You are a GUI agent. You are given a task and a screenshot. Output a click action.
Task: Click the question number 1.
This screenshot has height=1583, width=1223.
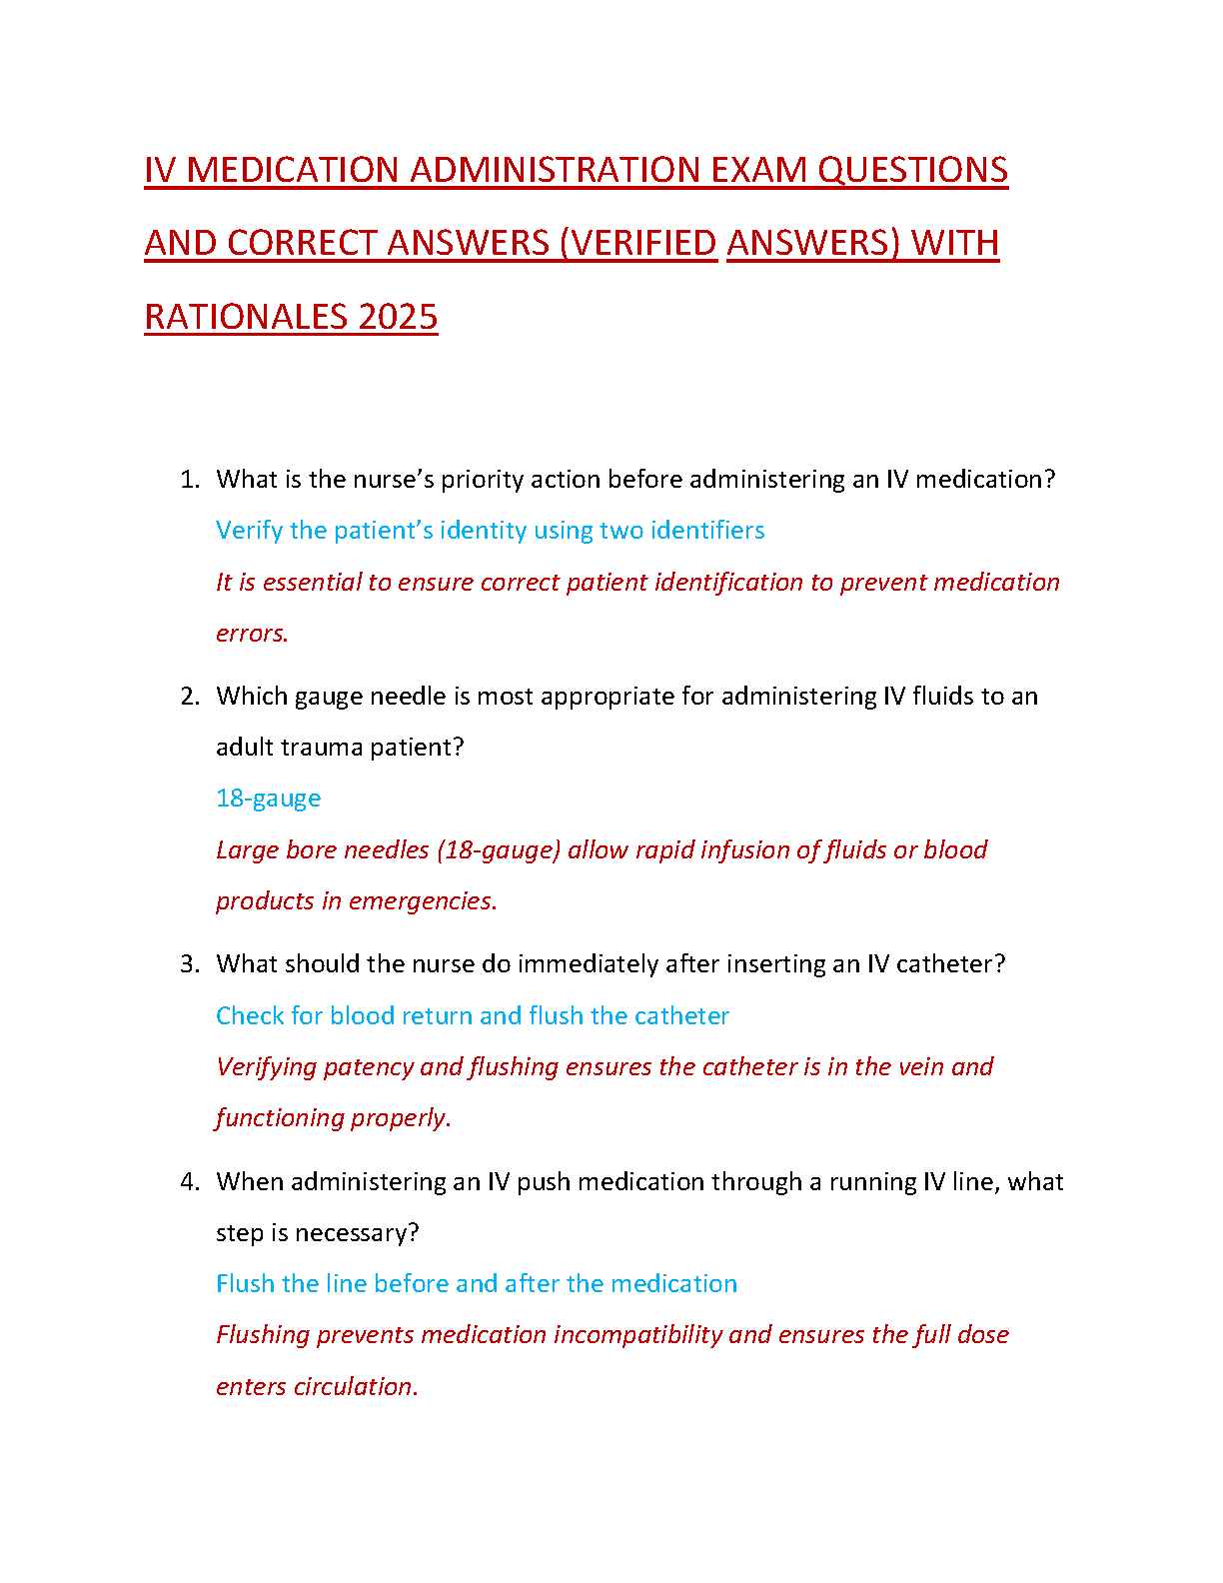[189, 480]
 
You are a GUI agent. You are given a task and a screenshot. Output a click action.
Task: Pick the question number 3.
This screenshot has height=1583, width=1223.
[189, 964]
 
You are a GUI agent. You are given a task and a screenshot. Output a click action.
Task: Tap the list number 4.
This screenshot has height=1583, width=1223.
[189, 1182]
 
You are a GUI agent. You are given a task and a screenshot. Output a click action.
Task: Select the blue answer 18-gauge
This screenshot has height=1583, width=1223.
[268, 798]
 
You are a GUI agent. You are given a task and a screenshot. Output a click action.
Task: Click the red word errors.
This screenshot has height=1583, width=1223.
[252, 634]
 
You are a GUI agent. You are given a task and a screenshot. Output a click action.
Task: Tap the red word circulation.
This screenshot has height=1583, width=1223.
[355, 1387]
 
